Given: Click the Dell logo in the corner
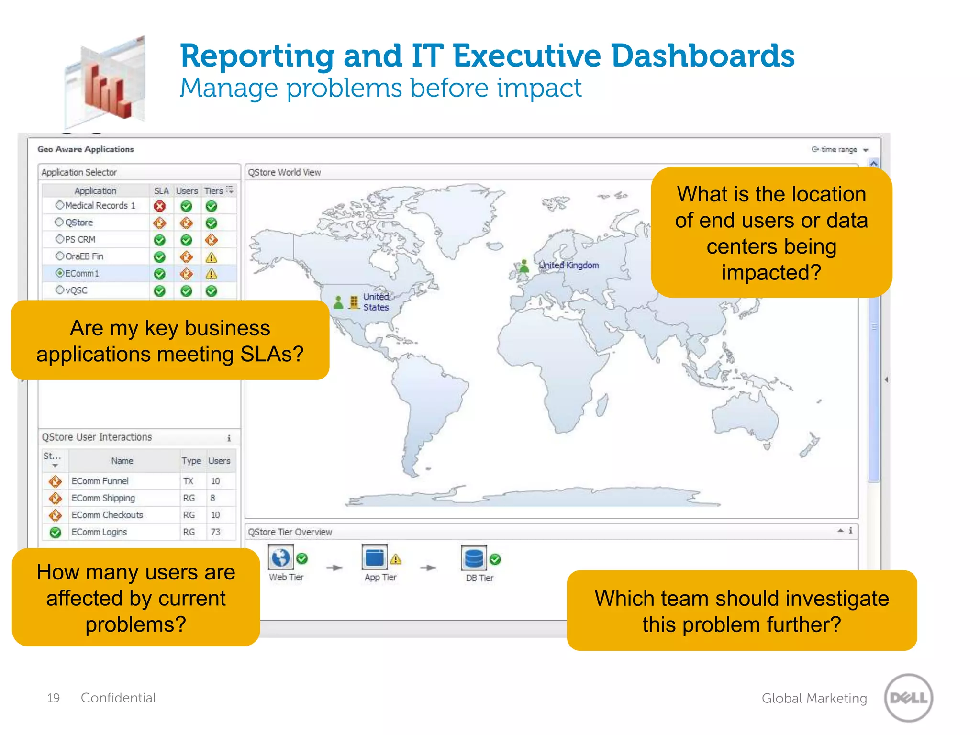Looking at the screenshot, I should point(908,697).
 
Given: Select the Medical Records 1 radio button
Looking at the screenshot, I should point(60,205).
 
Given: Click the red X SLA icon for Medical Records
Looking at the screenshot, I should point(160,206).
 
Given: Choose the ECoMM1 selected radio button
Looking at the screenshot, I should point(60,273).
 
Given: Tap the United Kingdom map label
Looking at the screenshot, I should point(568,265).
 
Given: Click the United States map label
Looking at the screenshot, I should point(376,302).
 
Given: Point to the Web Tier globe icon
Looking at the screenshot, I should point(280,557).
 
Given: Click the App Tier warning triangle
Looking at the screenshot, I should point(396,559).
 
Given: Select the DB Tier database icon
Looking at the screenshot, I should point(473,558).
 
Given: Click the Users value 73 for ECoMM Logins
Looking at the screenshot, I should point(215,532).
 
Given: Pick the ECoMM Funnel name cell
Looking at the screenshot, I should point(100,481).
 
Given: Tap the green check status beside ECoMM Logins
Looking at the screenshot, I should point(56,532).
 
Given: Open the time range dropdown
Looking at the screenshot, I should point(840,150).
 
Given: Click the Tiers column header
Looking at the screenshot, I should point(213,191).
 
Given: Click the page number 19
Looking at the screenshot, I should point(53,698).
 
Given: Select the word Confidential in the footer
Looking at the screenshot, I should point(118,698).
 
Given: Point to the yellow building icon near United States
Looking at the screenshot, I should point(354,302).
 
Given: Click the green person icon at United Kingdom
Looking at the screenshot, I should point(524,266).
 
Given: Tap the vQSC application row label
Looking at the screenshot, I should point(77,290).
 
